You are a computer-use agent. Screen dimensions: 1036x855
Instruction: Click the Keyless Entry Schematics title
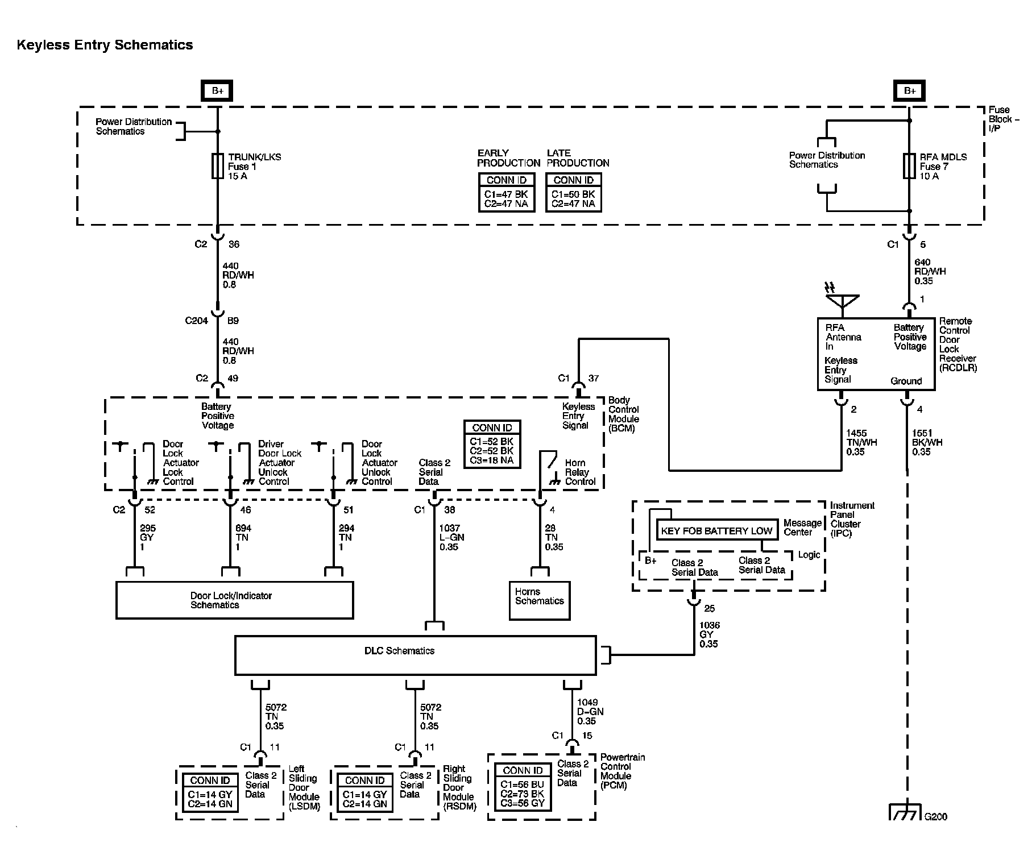pos(105,45)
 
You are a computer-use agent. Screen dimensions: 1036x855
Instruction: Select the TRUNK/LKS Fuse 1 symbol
pos(217,166)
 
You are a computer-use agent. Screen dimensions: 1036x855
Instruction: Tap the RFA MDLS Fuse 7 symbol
pos(909,166)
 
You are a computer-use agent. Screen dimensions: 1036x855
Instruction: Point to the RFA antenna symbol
pos(843,302)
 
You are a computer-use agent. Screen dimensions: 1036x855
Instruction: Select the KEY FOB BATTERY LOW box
pos(716,531)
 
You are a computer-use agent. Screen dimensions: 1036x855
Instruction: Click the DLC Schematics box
pos(416,655)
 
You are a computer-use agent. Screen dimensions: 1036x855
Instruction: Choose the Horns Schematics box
pos(540,600)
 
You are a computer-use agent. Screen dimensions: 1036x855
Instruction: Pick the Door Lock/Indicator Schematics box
pos(234,600)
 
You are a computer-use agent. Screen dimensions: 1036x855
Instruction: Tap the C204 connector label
pos(197,321)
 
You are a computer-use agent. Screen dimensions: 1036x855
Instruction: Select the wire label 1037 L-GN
pos(451,537)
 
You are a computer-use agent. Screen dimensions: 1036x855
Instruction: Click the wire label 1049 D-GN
pos(590,712)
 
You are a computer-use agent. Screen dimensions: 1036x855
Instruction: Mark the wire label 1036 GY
pos(708,634)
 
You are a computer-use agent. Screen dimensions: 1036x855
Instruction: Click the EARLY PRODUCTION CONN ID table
pos(507,192)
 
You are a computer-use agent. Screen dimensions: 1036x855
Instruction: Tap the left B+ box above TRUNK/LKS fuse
pos(217,91)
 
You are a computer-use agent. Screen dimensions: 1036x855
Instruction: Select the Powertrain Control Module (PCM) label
pos(623,771)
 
